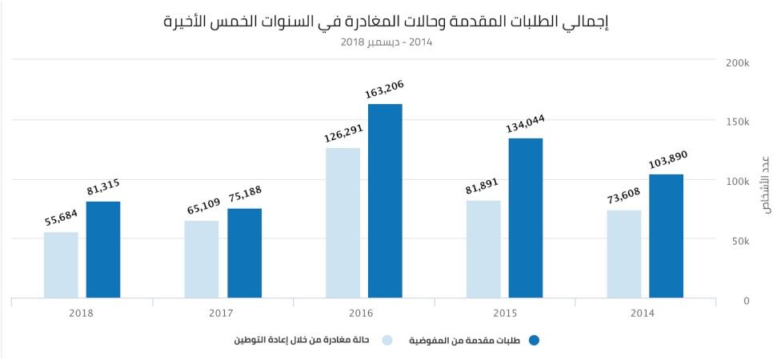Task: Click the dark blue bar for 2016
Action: (385, 201)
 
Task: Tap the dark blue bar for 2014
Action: (667, 236)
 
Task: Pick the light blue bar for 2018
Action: (61, 265)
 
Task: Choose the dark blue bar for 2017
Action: (244, 253)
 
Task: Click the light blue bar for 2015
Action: (483, 249)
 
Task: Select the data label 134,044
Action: (525, 122)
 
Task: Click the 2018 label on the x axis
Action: (82, 313)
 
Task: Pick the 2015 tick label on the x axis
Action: (505, 313)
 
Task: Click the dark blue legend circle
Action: (535, 341)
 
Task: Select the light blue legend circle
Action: (387, 341)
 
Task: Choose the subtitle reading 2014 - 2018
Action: (386, 42)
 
